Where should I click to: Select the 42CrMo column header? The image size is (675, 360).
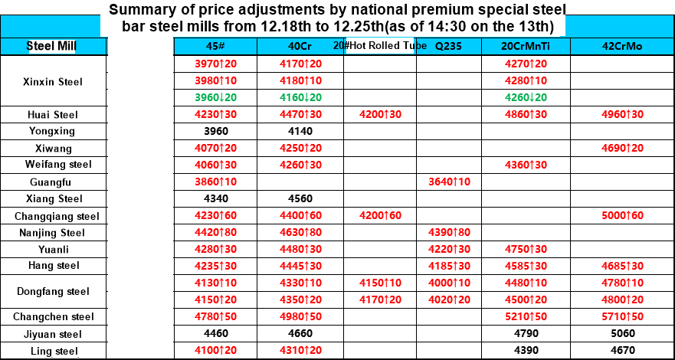click(622, 46)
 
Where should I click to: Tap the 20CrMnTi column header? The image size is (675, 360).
click(526, 46)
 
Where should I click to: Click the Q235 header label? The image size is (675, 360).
click(449, 46)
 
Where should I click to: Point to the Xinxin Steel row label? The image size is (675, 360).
click(52, 81)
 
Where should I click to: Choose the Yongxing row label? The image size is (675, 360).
click(52, 131)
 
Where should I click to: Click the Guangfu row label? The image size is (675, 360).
click(52, 182)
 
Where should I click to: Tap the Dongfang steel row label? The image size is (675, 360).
click(52, 291)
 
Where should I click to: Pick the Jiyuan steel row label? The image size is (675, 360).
click(52, 334)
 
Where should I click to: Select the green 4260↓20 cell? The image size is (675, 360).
click(526, 97)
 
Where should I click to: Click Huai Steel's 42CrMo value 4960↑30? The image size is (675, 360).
click(622, 115)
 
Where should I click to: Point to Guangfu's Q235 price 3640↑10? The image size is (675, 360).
click(449, 182)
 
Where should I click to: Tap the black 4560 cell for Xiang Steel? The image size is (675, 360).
click(300, 199)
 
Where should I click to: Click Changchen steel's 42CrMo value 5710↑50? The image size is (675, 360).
click(622, 316)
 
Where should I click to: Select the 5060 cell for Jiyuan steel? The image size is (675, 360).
click(622, 334)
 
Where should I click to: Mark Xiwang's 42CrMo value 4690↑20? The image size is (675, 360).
click(622, 148)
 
